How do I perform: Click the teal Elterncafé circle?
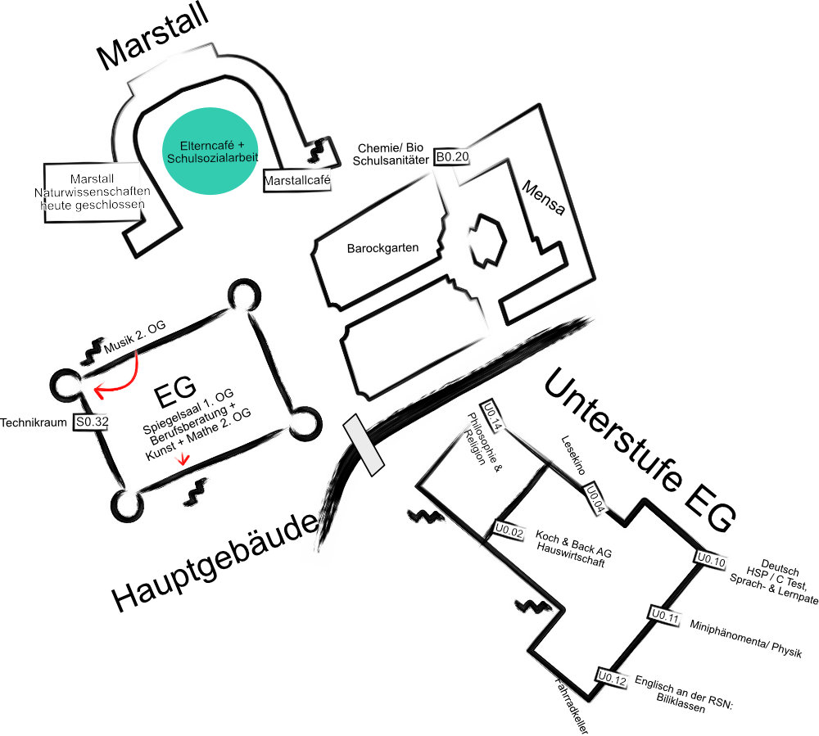(203, 151)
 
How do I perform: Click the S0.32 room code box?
(91, 422)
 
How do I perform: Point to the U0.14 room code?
(492, 414)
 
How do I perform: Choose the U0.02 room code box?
(508, 532)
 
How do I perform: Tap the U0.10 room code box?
(711, 561)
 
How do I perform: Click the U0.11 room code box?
(665, 616)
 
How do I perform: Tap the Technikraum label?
(34, 423)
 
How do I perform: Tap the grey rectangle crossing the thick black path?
(364, 445)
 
